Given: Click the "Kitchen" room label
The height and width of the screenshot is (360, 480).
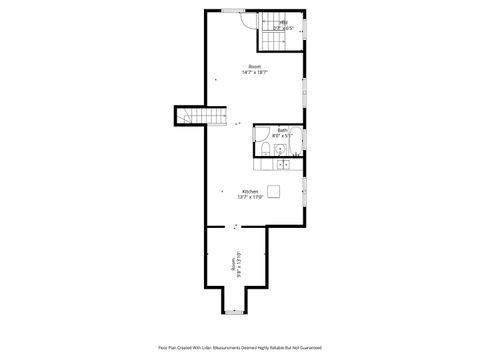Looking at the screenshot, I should [x=249, y=191].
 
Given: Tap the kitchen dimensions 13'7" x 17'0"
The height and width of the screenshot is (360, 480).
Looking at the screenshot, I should [x=249, y=197].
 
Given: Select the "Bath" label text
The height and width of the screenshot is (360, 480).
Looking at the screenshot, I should [x=283, y=130].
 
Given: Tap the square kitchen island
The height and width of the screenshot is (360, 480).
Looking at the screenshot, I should [x=273, y=190].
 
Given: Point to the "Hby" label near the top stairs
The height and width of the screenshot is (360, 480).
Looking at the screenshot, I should [x=284, y=22].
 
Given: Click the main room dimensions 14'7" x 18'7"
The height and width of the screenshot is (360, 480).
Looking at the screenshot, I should [x=254, y=72].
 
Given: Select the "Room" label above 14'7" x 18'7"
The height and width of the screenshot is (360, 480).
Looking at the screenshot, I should [x=254, y=66].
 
